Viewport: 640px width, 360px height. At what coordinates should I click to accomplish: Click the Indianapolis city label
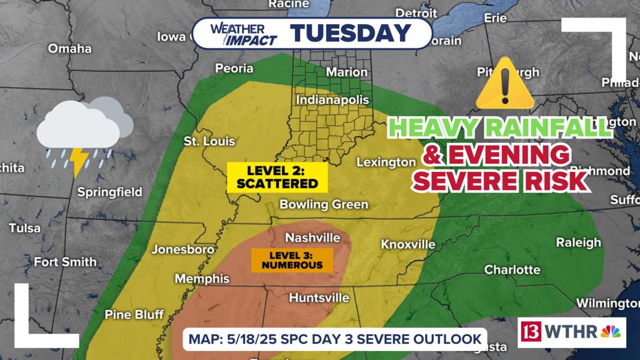point(332,100)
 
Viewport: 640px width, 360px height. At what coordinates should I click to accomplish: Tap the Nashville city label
point(313,238)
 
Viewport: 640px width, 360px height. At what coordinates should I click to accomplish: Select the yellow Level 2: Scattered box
point(277,176)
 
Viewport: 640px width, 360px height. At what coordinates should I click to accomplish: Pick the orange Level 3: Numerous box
point(291,260)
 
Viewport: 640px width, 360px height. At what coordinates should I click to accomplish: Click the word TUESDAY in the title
point(351,33)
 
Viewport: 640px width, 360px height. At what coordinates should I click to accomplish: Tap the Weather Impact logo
point(243,34)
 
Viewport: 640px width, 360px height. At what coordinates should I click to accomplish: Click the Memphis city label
point(202,279)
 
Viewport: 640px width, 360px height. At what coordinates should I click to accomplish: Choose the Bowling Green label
point(324,204)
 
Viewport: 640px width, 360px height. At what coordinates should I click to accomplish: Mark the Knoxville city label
point(408,244)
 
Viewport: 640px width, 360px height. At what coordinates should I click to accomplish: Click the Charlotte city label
point(512,270)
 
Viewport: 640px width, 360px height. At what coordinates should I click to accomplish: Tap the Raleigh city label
point(578,243)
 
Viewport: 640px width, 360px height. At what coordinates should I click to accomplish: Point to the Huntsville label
point(318,298)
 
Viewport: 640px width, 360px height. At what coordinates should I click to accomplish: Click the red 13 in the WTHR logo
point(531,331)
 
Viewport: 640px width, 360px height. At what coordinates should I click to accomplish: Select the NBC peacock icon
point(610,331)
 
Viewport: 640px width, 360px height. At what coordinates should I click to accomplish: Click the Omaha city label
point(70,48)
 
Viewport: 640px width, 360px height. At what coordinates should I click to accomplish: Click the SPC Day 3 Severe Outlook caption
point(335,339)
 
